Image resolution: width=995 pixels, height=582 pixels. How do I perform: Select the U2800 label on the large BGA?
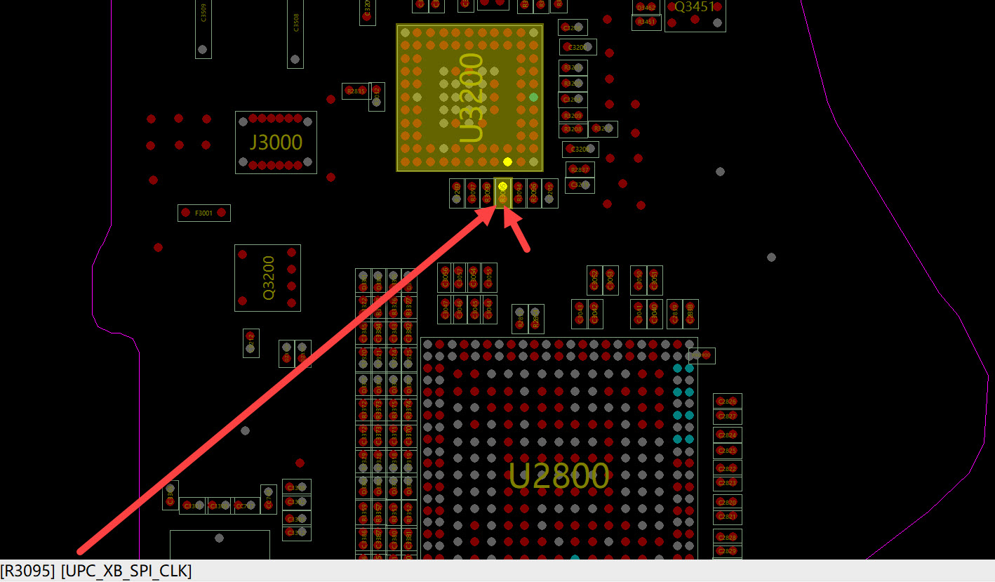click(x=559, y=477)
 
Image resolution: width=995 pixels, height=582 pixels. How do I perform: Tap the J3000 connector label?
click(x=276, y=143)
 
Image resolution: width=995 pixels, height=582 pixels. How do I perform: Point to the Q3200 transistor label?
click(x=269, y=278)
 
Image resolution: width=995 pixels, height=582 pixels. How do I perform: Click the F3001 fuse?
click(x=203, y=213)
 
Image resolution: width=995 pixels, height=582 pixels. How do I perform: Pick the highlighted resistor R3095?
click(x=502, y=193)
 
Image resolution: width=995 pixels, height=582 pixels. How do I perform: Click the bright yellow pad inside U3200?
click(x=507, y=161)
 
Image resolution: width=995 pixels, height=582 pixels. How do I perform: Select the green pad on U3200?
click(x=533, y=97)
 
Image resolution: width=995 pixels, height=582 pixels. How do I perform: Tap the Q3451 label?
click(x=694, y=7)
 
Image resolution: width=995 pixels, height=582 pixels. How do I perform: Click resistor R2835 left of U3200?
click(x=356, y=91)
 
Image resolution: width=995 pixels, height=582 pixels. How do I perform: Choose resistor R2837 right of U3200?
click(x=580, y=170)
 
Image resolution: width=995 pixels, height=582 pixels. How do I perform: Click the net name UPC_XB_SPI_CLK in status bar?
click(x=126, y=571)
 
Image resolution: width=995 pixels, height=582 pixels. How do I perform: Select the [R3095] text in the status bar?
click(x=28, y=571)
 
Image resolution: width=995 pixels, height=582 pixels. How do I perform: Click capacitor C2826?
click(x=728, y=402)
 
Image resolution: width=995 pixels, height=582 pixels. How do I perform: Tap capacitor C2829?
click(x=728, y=551)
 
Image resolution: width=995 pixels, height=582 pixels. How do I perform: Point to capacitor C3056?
click(x=444, y=278)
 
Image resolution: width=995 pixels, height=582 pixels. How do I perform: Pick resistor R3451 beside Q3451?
click(x=646, y=22)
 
